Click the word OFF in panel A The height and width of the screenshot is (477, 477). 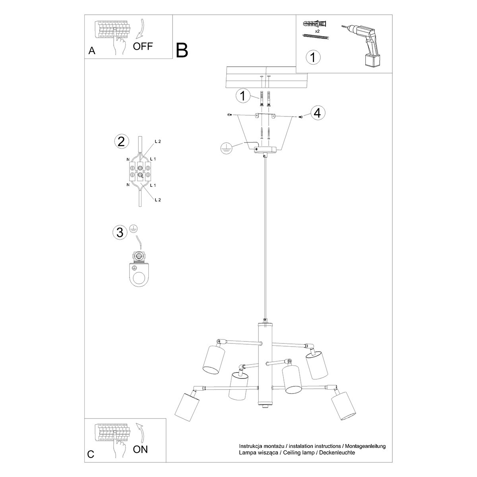pos(143,46)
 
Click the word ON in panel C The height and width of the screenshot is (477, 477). pos(140,449)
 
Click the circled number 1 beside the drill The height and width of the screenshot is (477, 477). pos(313,57)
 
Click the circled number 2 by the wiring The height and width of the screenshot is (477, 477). pos(121,142)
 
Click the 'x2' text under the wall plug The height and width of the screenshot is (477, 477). pos(318,31)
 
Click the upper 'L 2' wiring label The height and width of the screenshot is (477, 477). pos(157,142)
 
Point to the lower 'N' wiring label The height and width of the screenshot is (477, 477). pos(128,185)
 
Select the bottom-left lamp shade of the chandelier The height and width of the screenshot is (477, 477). pos(185,406)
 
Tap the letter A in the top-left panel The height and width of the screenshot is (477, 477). pos(92,50)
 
